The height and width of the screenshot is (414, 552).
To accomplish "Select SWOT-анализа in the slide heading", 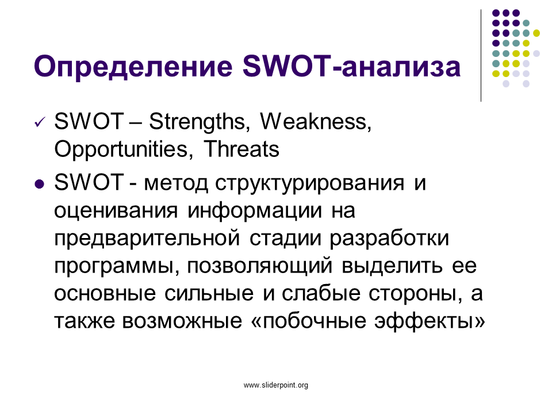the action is (x=351, y=66).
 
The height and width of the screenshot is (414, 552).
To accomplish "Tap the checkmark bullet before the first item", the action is (x=40, y=122).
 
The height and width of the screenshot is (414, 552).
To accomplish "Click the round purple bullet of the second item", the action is (x=40, y=184).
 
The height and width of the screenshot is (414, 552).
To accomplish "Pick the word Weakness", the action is (x=316, y=122).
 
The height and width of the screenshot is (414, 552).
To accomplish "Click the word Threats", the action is (x=241, y=148).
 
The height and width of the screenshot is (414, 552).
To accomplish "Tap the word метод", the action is (x=176, y=184).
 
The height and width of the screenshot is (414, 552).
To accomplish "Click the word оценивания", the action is (x=116, y=212).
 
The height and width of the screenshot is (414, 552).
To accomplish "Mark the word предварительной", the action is (x=147, y=239).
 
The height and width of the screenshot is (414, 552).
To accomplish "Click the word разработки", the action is (x=389, y=239).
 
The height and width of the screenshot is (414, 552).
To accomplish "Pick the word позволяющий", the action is (x=260, y=266).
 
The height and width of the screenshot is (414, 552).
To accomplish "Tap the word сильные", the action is (x=209, y=294).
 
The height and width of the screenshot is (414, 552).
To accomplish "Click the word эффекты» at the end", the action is (x=430, y=321).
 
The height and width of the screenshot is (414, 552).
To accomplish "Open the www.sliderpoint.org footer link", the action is (x=276, y=385).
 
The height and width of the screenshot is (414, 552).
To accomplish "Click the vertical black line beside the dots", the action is (x=481, y=56).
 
